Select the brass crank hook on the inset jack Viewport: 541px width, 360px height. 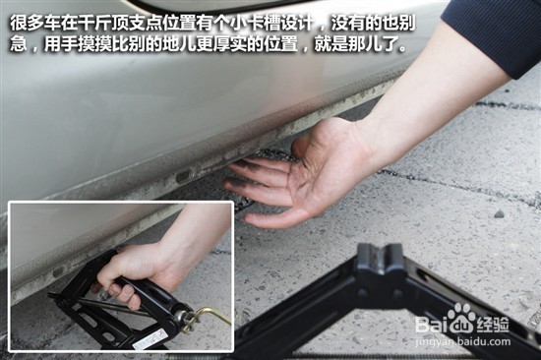(210, 318)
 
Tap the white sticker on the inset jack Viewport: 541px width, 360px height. (151, 338)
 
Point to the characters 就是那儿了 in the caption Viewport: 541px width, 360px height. (363, 44)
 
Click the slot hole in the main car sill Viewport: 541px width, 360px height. (183, 176)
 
